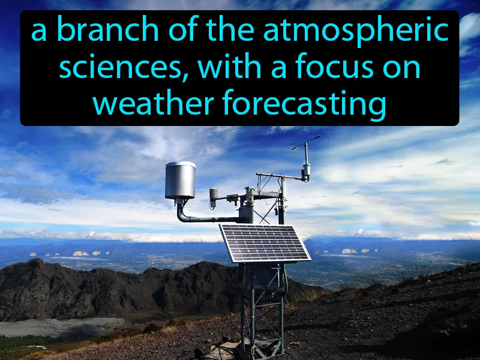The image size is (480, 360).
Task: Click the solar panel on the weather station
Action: (264, 243)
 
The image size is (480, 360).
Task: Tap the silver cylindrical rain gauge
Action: (180, 180)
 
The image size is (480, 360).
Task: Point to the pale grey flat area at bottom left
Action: (54, 328)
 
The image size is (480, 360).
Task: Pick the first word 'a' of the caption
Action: (39, 31)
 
